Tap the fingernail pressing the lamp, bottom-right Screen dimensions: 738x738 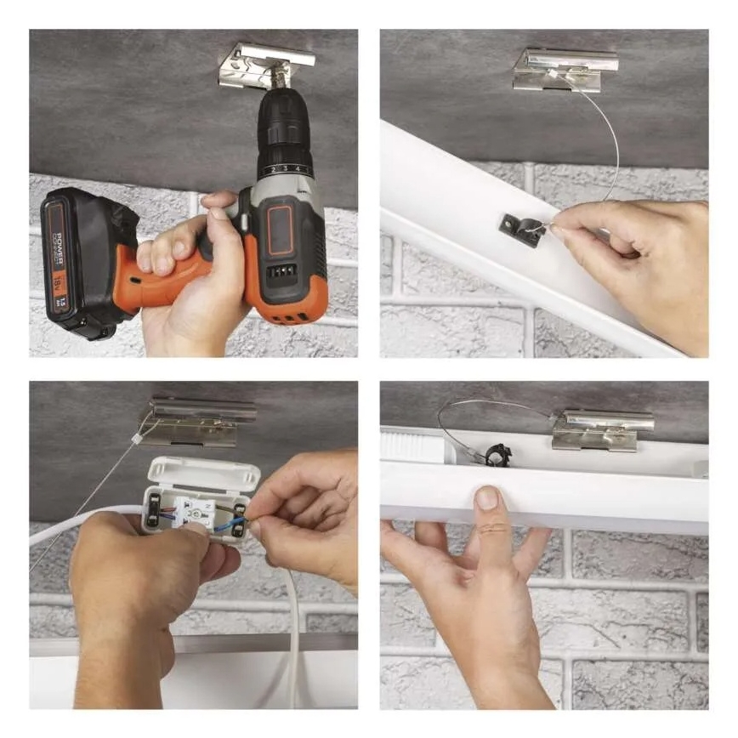point(487,499)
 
